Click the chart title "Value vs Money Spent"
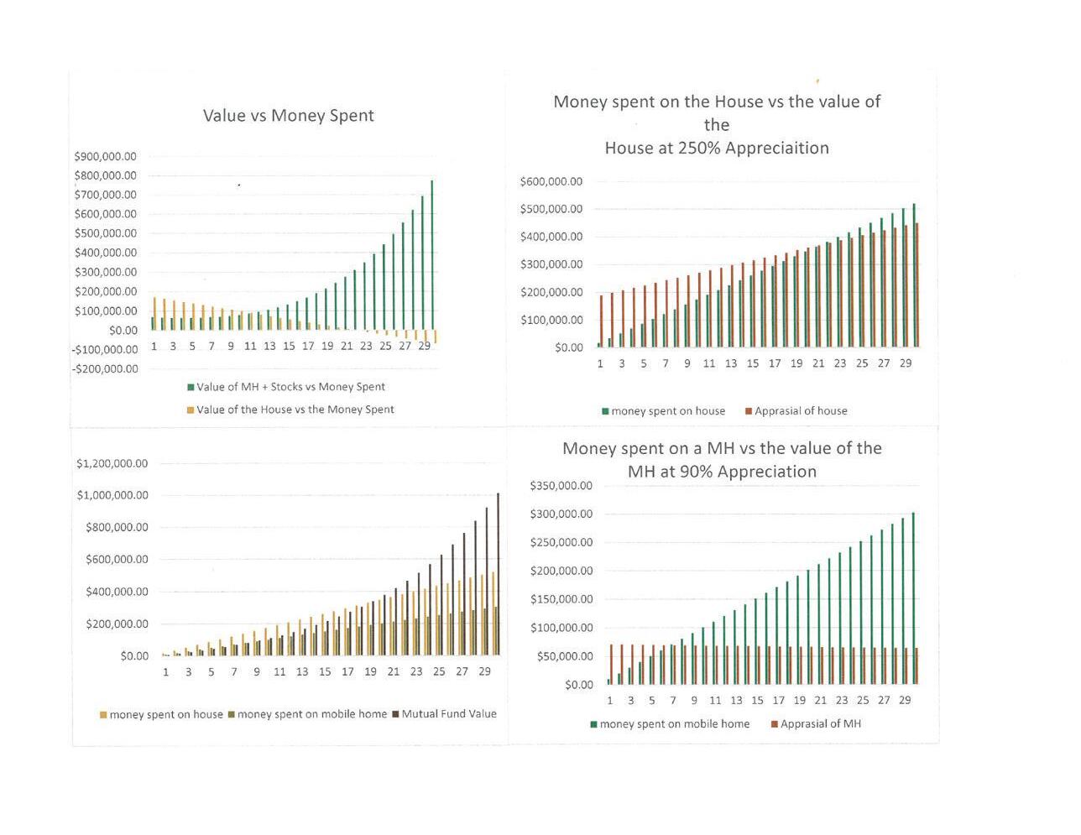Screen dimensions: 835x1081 (x=288, y=116)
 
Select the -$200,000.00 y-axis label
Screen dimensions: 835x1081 (x=105, y=368)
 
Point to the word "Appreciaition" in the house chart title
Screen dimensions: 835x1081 (x=776, y=148)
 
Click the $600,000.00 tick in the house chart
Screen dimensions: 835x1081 (x=551, y=181)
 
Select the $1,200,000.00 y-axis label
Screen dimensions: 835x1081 (x=112, y=463)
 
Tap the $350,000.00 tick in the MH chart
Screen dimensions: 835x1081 (x=561, y=486)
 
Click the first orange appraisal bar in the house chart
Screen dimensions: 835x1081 (x=602, y=321)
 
